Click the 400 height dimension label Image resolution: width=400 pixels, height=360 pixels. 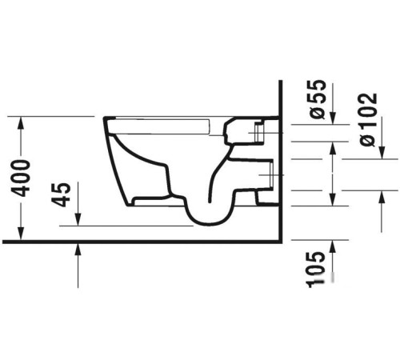[x=21, y=178]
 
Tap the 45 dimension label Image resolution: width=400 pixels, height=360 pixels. [x=61, y=194]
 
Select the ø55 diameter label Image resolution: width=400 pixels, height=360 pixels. [x=318, y=99]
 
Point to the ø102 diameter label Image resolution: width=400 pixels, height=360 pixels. [x=368, y=119]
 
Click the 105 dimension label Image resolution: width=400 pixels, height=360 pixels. [x=317, y=270]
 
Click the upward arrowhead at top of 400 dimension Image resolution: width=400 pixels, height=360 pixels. [x=21, y=123]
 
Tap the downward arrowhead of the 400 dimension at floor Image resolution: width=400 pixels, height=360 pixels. [x=21, y=234]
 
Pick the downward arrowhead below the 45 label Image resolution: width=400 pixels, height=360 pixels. [x=78, y=219]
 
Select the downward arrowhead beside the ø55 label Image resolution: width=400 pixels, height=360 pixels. [x=333, y=118]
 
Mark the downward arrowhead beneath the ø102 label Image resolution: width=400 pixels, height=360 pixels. [x=382, y=153]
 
